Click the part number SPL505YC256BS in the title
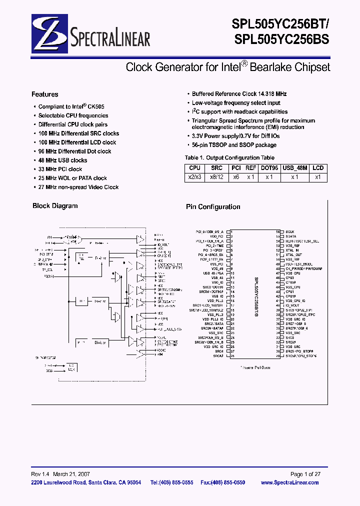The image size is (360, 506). pyautogui.click(x=280, y=40)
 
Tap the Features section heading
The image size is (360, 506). pyautogui.click(x=45, y=94)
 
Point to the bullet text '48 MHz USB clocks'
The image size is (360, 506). pyautogui.click(x=62, y=160)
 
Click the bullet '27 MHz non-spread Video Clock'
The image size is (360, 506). pyautogui.click(x=78, y=187)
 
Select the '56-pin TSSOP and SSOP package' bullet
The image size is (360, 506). pyautogui.click(x=234, y=145)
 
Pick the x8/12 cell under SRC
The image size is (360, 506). pyautogui.click(x=216, y=177)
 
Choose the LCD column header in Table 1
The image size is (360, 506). pyautogui.click(x=318, y=168)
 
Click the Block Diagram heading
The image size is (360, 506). pyautogui.click(x=55, y=206)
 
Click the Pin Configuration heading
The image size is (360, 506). pyautogui.click(x=213, y=207)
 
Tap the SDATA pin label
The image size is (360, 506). pyautogui.click(x=291, y=236)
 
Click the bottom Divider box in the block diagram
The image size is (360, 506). pyautogui.click(x=100, y=342)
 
